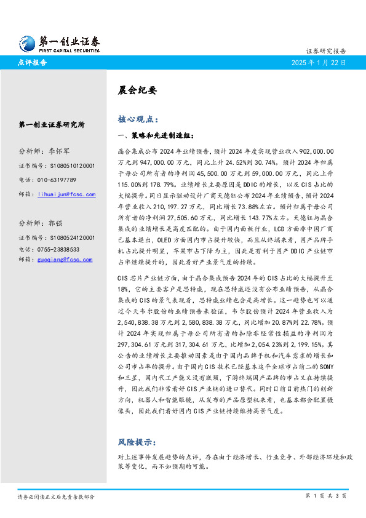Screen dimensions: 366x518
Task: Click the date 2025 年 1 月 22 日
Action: tap(319, 63)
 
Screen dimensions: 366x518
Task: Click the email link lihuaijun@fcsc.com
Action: tap(66, 194)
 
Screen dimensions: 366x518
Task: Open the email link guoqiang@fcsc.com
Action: tap(65, 260)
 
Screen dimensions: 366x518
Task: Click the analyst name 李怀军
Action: tap(59, 151)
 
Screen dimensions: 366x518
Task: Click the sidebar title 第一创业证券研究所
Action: tap(52, 124)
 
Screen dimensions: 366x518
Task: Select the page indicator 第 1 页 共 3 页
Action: tap(326, 496)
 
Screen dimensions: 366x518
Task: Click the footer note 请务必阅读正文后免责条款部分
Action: tap(56, 496)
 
